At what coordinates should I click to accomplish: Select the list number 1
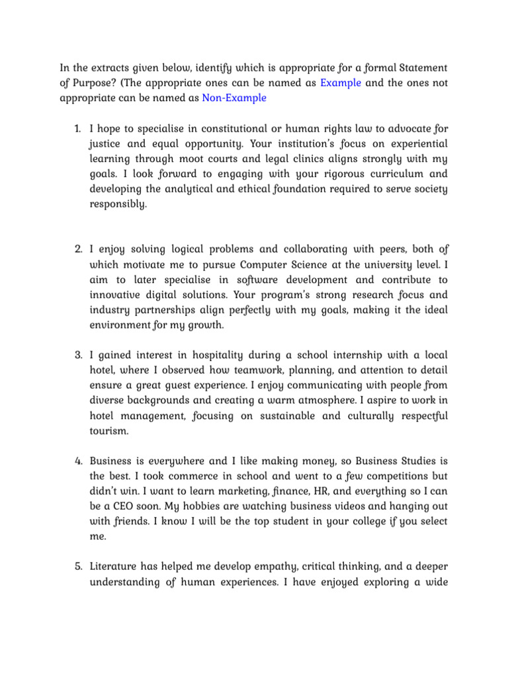point(77,128)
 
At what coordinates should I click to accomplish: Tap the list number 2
point(77,249)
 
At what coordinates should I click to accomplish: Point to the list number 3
point(77,356)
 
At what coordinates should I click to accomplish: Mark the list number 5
point(77,567)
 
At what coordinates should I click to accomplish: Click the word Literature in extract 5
point(115,567)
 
